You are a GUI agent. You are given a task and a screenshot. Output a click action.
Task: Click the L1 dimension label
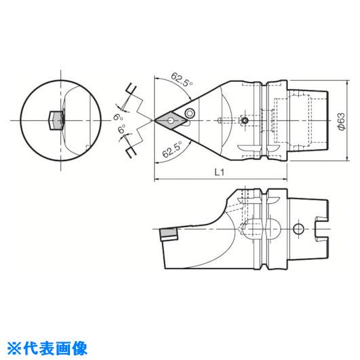click(x=219, y=172)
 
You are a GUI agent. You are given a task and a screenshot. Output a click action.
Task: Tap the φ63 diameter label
click(x=342, y=122)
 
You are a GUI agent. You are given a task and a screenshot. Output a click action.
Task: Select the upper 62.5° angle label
click(x=182, y=79)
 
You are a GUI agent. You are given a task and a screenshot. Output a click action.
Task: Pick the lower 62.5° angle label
click(x=172, y=149)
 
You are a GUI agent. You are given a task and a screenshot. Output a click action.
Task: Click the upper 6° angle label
click(x=119, y=118)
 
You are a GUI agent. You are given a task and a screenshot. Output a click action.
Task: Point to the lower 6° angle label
click(x=122, y=129)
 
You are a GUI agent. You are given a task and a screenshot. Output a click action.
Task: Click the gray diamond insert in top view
click(x=171, y=120)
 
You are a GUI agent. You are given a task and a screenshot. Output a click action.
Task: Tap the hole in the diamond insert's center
click(x=170, y=120)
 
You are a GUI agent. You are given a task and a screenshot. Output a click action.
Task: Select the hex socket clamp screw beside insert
click(x=190, y=113)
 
